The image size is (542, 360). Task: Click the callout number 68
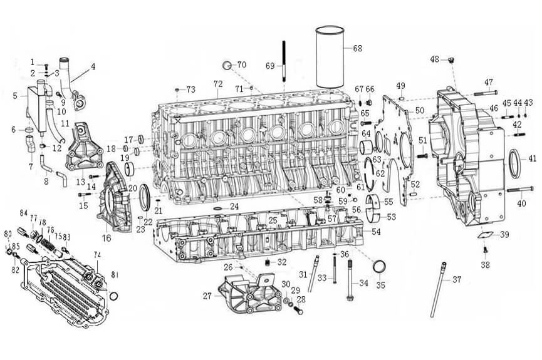(x=357, y=48)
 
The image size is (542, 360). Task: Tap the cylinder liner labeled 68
(x=333, y=58)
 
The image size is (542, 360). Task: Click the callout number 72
(x=218, y=83)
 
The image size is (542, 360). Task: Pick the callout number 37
(x=456, y=279)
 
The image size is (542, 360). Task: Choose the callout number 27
(x=207, y=295)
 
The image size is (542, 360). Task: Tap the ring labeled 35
(x=380, y=268)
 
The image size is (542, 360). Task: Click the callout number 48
(x=434, y=59)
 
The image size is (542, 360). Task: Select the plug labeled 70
(x=229, y=65)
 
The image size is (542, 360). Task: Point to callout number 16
(x=107, y=238)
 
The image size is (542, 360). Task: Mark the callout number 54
(x=376, y=232)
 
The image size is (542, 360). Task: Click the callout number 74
(x=97, y=255)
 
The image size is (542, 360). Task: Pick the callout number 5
(x=15, y=96)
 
